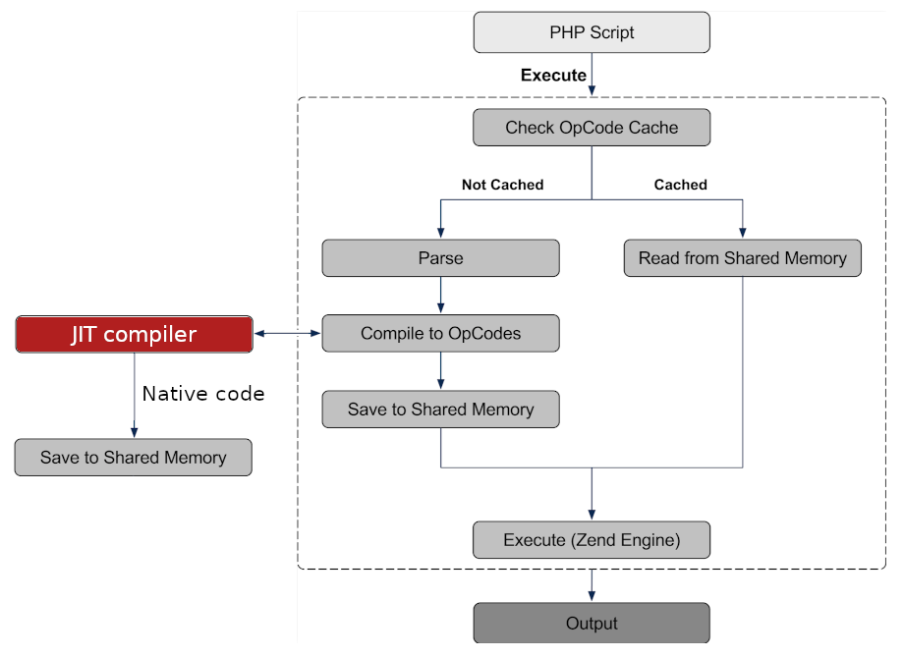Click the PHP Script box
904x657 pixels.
click(592, 32)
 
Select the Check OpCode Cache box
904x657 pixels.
click(592, 128)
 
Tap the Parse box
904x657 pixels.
click(440, 258)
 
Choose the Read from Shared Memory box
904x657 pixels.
click(743, 258)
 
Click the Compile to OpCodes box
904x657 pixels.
click(440, 333)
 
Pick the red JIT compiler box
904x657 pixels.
click(135, 334)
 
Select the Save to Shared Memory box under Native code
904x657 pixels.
click(134, 458)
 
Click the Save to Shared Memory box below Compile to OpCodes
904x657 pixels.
click(440, 410)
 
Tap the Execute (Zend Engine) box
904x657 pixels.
click(592, 540)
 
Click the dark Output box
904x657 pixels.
click(592, 623)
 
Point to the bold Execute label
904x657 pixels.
click(553, 75)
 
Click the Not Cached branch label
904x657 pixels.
click(503, 185)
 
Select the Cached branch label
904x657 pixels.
click(680, 185)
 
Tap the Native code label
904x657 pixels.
click(203, 394)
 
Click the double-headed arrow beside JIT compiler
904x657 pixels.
click(287, 333)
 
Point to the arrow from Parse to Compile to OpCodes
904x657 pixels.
click(440, 295)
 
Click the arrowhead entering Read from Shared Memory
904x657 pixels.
click(743, 233)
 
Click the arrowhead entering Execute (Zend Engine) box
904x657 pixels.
click(592, 515)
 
